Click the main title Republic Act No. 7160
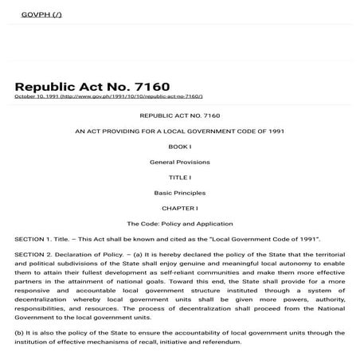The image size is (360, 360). (x=92, y=86)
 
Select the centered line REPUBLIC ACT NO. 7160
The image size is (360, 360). (x=179, y=115)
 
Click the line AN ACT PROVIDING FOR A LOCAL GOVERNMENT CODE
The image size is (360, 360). (x=179, y=130)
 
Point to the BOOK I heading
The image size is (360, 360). (x=179, y=147)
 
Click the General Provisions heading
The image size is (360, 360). (x=179, y=162)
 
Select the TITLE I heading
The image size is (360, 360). (x=179, y=177)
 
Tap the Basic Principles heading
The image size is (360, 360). (x=179, y=193)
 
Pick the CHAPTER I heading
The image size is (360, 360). (x=179, y=208)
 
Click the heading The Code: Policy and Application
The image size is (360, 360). (x=179, y=224)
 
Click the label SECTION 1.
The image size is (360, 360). (x=32, y=239)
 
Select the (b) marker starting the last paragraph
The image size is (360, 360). (x=18, y=332)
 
